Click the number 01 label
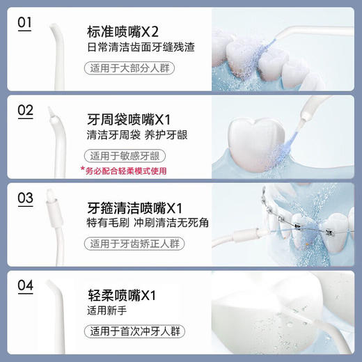[x=25, y=24]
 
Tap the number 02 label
[x=25, y=111]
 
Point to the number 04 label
[x=25, y=285]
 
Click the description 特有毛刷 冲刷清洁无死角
[x=136, y=225]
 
